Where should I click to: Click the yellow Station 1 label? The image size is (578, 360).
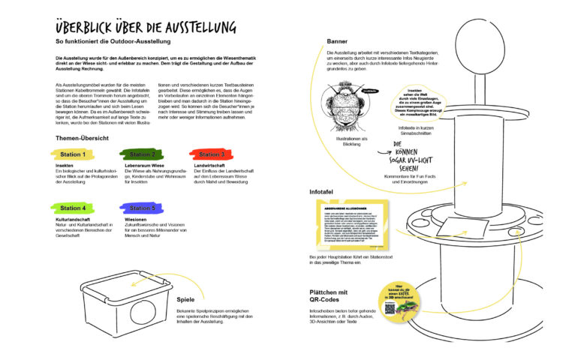[x=74, y=154]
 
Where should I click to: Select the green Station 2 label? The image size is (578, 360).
[x=143, y=154]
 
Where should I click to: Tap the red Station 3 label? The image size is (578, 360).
[x=212, y=154]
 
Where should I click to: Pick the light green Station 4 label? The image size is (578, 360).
[x=74, y=208]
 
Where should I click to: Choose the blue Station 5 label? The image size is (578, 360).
[x=143, y=208]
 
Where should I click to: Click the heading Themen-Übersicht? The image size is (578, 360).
[x=83, y=138]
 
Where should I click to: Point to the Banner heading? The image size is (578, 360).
[x=337, y=40]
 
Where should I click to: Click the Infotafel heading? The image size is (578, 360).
[x=324, y=192]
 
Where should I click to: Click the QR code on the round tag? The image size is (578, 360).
[x=389, y=307]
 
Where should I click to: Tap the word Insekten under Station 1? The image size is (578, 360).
[x=65, y=165]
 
